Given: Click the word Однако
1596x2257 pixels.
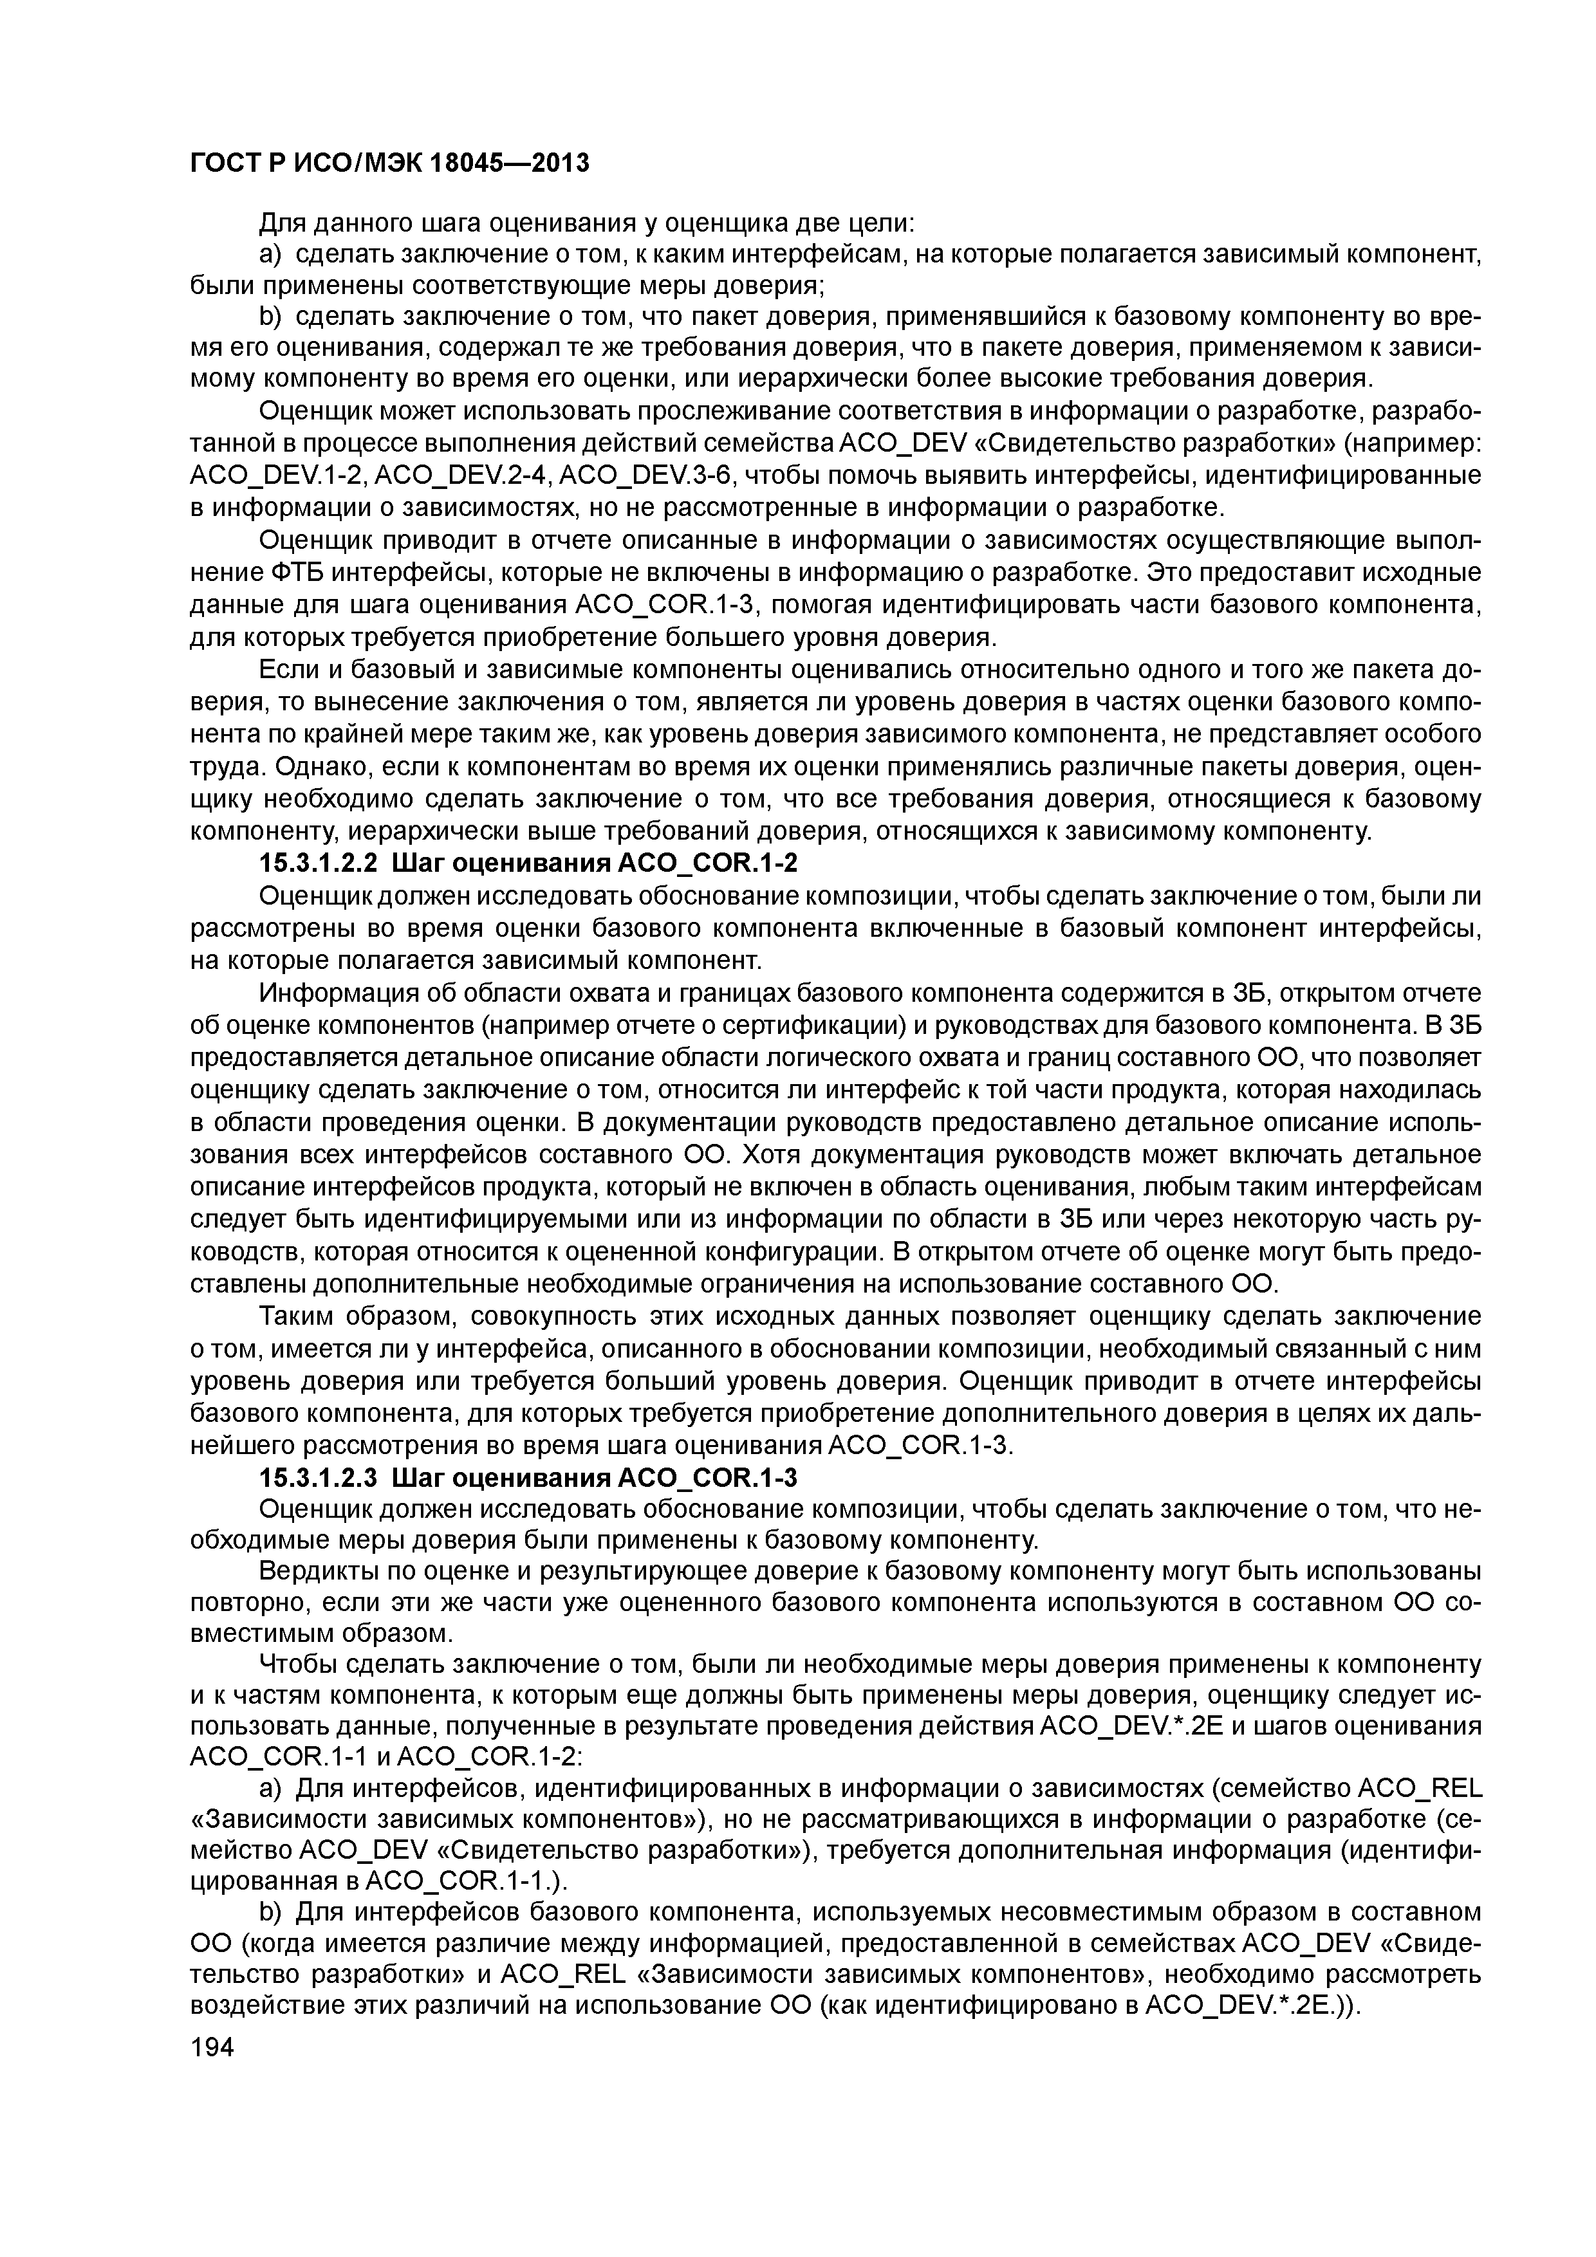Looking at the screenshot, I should [x=326, y=767].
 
